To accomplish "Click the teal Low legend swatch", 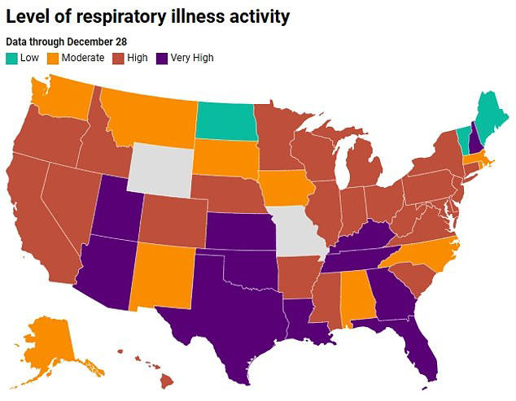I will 12,58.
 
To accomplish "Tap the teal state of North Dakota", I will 225,120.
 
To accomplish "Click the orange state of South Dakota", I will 223,156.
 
